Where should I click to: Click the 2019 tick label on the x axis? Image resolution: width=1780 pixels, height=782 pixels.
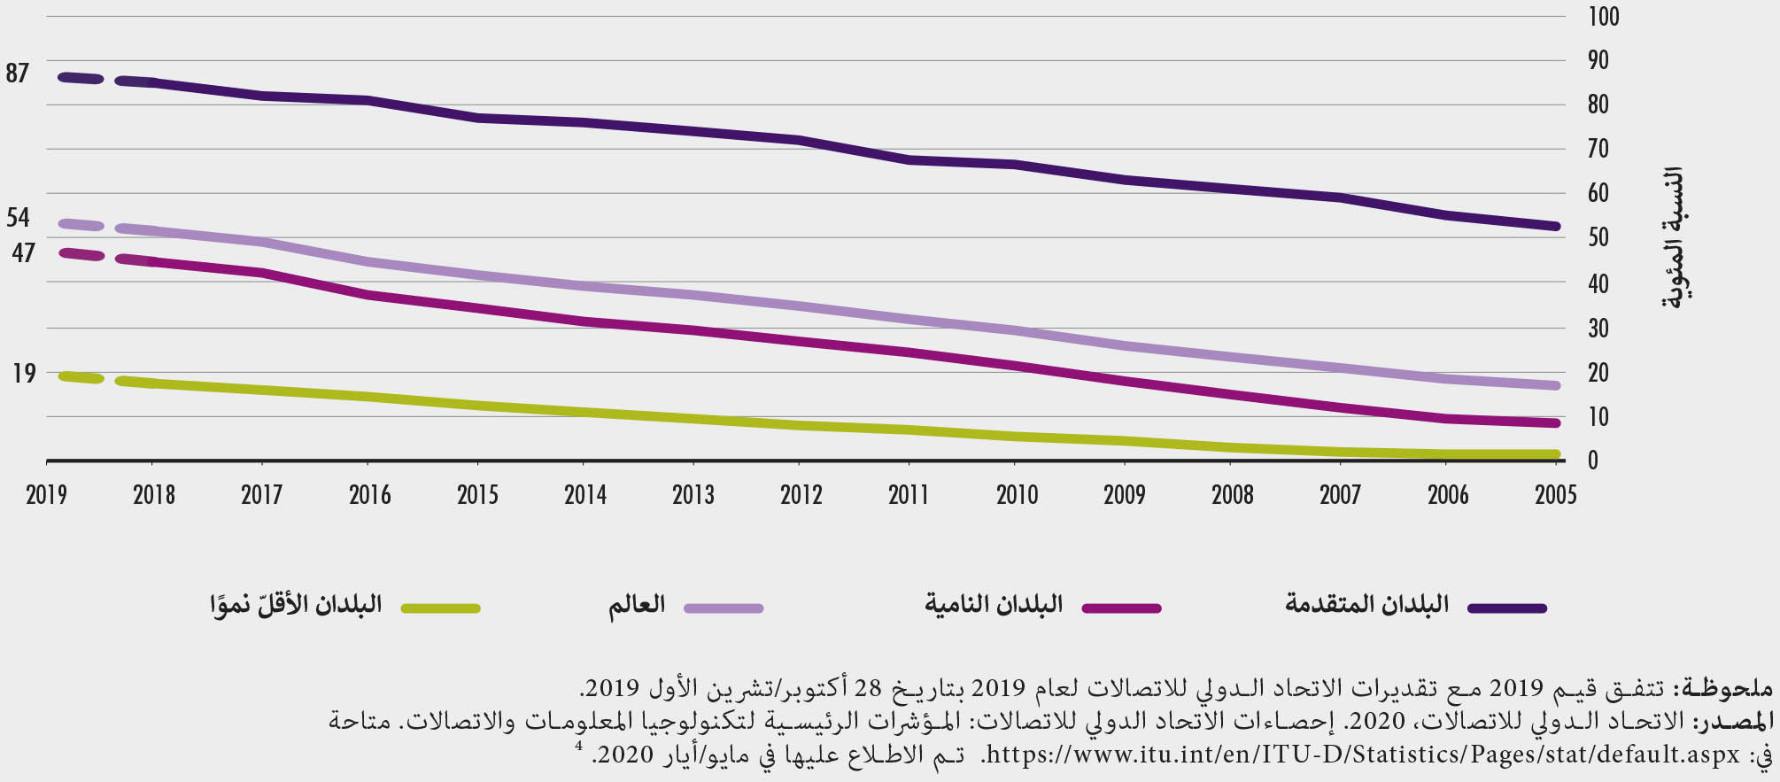[46, 494]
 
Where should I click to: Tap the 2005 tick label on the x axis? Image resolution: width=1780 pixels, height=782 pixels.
[1555, 494]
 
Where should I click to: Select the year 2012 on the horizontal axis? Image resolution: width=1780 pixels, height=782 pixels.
[801, 494]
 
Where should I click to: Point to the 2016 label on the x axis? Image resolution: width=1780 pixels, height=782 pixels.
[369, 494]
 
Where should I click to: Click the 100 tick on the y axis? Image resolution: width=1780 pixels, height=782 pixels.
[1604, 17]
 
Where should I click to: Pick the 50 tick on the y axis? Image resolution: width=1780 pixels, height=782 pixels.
[1598, 237]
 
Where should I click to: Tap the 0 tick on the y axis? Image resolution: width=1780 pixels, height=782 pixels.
[1592, 461]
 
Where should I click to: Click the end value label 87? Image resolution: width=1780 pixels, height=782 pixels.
[18, 74]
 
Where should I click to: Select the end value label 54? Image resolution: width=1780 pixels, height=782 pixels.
[18, 218]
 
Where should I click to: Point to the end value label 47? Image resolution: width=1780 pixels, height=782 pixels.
[23, 253]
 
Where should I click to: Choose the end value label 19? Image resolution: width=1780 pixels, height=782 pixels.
[24, 374]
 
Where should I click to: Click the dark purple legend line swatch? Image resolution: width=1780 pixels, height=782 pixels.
[1507, 608]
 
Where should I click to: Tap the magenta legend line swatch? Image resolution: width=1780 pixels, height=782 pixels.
[1122, 608]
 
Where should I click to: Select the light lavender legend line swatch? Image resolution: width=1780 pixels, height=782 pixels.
[724, 608]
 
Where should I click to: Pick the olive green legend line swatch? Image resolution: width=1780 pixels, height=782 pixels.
[440, 608]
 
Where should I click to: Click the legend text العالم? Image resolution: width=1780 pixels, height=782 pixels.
[636, 606]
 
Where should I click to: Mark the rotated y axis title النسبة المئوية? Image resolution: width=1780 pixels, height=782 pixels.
[1674, 237]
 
